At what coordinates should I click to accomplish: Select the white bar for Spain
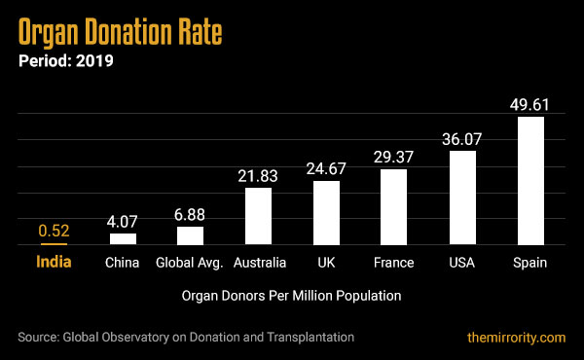pos(529,180)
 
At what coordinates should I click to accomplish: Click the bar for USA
pos(462,198)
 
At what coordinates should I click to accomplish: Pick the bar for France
pos(394,206)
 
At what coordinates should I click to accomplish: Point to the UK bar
pos(326,212)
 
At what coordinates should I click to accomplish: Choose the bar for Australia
pos(259,215)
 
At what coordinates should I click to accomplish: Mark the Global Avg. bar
pos(191,234)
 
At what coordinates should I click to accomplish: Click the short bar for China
pos(123,238)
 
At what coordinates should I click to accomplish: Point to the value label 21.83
pos(259,175)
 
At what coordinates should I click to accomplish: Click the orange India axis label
pos(54,262)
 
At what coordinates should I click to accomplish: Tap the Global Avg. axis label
pos(190,263)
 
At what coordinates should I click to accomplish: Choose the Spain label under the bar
pos(530,263)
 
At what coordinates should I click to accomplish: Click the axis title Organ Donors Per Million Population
pos(291,293)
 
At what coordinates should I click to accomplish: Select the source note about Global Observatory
pos(185,337)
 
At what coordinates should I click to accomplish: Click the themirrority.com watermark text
pos(516,337)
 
